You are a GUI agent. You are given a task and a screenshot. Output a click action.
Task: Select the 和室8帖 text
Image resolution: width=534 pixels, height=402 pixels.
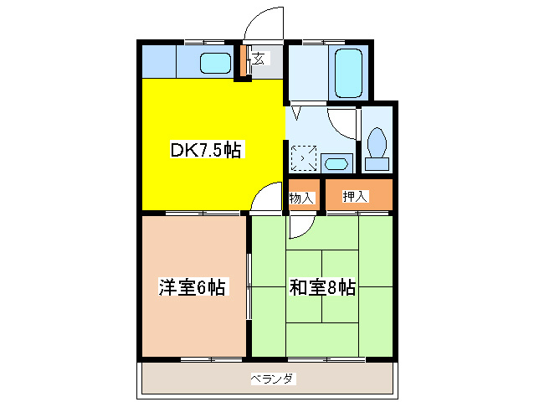(322, 288)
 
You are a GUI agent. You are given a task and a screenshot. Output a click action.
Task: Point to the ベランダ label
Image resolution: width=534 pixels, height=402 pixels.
(272, 379)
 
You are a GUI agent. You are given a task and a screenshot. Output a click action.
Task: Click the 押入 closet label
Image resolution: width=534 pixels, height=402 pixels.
(356, 196)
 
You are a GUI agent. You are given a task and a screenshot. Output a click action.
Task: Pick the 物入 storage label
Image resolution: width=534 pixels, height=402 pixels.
(301, 198)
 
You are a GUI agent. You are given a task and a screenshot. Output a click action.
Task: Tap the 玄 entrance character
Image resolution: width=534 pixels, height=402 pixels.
(260, 59)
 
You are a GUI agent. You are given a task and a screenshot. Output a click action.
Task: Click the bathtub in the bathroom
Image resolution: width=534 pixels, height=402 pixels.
(347, 74)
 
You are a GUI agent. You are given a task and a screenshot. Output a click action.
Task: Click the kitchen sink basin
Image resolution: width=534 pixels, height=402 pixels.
(217, 63)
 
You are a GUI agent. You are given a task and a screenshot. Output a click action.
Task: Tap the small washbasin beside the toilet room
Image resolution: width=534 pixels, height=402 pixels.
(337, 162)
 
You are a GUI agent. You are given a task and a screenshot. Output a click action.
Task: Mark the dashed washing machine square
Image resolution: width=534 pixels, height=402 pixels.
(302, 157)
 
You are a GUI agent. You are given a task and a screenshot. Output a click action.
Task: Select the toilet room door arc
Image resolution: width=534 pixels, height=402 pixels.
(343, 124)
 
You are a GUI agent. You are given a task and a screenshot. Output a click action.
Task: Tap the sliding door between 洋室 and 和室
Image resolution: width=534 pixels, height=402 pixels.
(249, 285)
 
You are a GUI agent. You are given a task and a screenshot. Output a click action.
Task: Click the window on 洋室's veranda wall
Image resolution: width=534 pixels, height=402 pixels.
(194, 358)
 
